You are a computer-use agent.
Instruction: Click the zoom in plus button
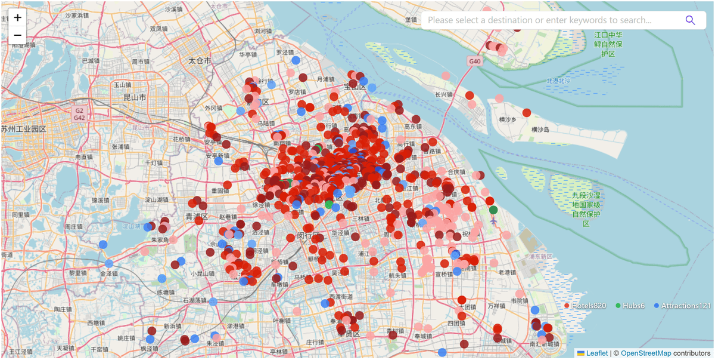coord(18,18)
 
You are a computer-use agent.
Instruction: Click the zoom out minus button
coord(18,35)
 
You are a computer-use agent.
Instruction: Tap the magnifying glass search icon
coord(690,20)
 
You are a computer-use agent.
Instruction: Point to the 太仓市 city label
coord(200,61)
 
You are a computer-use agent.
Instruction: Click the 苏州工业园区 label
coord(24,129)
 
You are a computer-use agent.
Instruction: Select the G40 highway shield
coord(474,61)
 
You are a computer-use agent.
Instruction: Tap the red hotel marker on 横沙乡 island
coord(527,113)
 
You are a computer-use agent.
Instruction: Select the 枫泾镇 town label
coord(150,348)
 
